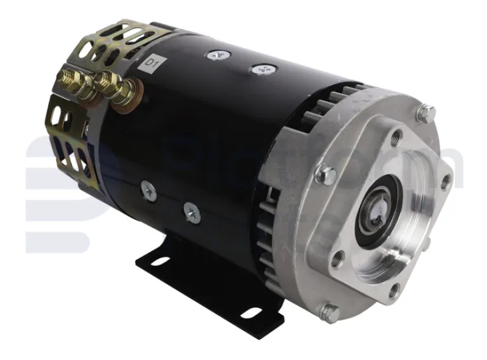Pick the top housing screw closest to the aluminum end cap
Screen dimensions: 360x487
pos(259,69)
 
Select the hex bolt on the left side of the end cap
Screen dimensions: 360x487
pos(327,172)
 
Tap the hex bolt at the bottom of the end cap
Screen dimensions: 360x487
pos(331,311)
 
